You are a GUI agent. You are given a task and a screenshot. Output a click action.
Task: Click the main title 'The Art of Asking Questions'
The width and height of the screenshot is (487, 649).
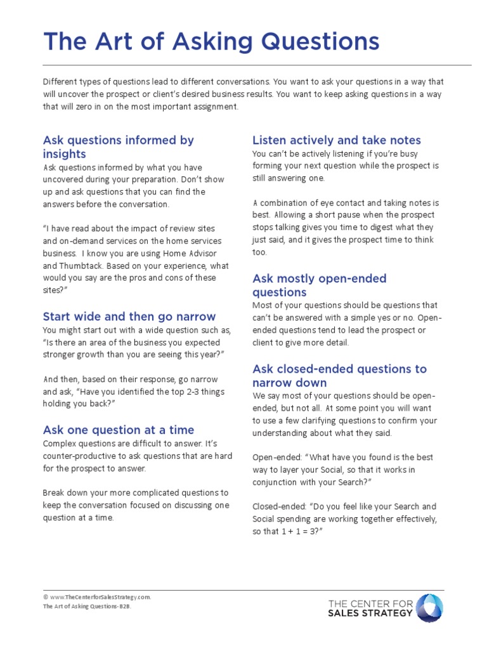tap(211, 42)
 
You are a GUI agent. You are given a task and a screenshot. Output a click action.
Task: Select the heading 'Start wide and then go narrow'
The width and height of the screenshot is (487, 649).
tap(129, 316)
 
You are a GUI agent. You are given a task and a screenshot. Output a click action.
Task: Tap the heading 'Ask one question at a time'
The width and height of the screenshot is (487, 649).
tap(119, 430)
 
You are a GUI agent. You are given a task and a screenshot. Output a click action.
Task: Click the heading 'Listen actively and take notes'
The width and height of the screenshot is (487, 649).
tap(337, 140)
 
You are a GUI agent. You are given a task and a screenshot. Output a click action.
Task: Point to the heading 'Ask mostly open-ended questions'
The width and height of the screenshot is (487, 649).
tap(319, 285)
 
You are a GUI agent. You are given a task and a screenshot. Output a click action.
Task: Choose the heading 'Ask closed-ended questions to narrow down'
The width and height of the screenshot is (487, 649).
tap(339, 376)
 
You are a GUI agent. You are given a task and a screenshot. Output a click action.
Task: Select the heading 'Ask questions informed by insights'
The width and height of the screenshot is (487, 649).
tap(118, 147)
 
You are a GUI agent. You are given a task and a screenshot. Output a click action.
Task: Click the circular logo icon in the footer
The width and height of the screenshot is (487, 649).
tap(429, 608)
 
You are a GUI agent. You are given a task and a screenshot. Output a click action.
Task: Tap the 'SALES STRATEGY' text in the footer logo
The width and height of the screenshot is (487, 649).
tap(370, 613)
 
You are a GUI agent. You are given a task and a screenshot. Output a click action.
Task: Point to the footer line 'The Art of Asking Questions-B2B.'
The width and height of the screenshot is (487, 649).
tap(88, 606)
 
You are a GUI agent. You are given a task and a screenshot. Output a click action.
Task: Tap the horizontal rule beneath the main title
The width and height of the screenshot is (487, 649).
tap(257, 65)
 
